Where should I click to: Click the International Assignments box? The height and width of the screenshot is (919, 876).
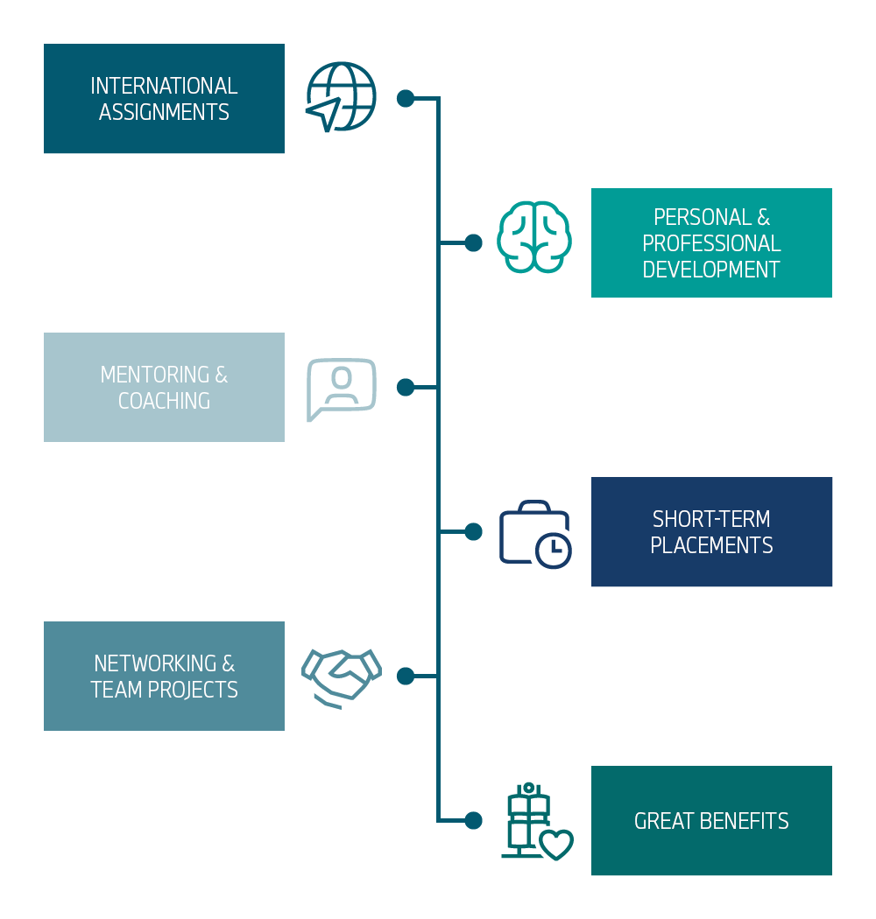[x=164, y=98]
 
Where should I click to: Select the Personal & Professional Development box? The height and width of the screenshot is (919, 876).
[x=711, y=242]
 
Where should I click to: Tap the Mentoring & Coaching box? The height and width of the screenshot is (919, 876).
[x=164, y=387]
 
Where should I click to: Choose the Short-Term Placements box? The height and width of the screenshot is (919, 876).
[x=711, y=531]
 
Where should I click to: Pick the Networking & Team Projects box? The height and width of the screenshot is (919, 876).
[x=164, y=676]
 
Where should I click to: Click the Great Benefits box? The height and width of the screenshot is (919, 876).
[x=711, y=820]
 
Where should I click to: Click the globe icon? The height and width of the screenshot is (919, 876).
[x=341, y=96]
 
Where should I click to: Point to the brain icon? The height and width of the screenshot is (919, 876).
[x=534, y=237]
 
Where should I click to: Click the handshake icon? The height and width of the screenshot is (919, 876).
[x=341, y=677]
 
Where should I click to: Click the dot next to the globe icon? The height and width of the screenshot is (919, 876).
[x=405, y=98]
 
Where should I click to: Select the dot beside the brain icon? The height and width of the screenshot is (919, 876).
[x=473, y=242]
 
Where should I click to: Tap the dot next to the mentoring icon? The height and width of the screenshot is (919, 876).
[x=405, y=387]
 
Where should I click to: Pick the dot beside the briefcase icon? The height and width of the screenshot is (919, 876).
[x=473, y=531]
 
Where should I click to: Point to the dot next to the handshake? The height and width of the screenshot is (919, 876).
[x=405, y=676]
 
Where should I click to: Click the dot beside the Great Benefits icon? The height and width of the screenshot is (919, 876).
[x=473, y=820]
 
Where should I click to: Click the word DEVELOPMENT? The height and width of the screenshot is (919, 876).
[x=711, y=270]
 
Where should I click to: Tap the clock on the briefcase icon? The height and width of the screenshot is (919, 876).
[x=553, y=550]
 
